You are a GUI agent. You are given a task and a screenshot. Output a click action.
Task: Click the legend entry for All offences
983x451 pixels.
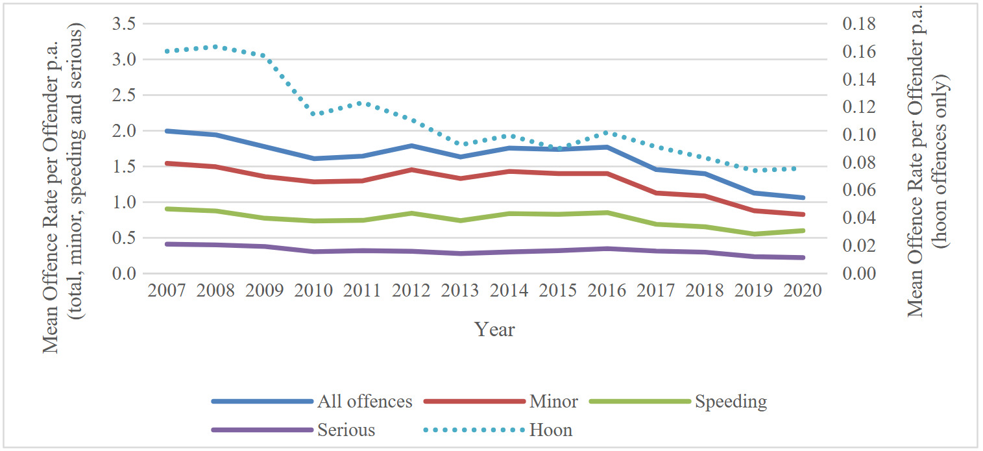click(x=364, y=402)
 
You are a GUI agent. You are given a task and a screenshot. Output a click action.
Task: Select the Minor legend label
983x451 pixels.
click(x=553, y=402)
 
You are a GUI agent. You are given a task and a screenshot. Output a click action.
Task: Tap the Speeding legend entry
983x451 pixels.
click(x=731, y=402)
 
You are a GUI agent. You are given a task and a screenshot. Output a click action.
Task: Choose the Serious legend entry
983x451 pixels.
click(x=346, y=430)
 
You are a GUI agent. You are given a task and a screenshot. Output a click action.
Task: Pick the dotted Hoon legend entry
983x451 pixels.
click(x=550, y=430)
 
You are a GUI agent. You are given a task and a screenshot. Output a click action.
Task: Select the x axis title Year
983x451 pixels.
click(x=494, y=330)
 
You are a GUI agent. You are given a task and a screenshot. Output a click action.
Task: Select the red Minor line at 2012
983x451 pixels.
click(x=411, y=169)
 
